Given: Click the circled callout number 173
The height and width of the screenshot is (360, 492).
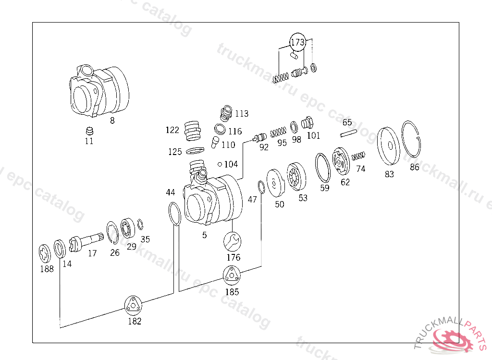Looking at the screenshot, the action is point(297,42).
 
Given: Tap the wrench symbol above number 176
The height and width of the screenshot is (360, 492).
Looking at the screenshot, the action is point(232,241).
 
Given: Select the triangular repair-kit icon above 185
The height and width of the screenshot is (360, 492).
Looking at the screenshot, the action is point(232,275).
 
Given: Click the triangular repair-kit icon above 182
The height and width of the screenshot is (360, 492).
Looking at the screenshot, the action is point(133,305).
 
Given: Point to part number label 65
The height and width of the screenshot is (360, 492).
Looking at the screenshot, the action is point(347,122).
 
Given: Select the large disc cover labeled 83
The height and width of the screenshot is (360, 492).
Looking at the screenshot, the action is point(388,146).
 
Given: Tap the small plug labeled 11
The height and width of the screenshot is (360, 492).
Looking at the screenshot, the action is point(89,131).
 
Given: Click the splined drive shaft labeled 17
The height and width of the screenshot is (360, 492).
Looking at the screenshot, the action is point(86,242).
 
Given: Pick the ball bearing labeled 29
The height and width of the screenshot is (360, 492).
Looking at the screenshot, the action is point(128,228).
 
